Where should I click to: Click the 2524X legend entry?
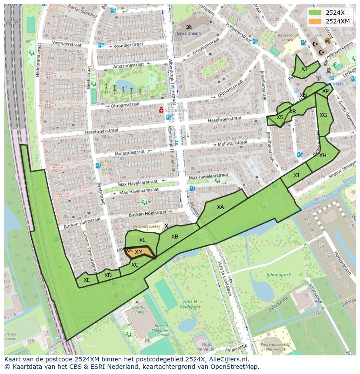pos(335,12)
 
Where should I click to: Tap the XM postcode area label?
pos(139,252)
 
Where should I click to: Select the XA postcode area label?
pos(220,207)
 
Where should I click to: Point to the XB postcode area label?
pos(175,237)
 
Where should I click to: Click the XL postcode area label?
pos(142,240)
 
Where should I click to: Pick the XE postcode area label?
pos(87,280)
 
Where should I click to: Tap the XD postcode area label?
pos(108,275)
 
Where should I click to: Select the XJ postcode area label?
pos(296,175)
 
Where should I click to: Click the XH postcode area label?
pos(323,156)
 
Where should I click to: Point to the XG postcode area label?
pos(323,115)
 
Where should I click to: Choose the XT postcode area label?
pos(304,69)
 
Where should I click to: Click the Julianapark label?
pos(278,275)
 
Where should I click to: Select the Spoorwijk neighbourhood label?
pos(176,111)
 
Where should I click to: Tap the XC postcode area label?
pos(135,265)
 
